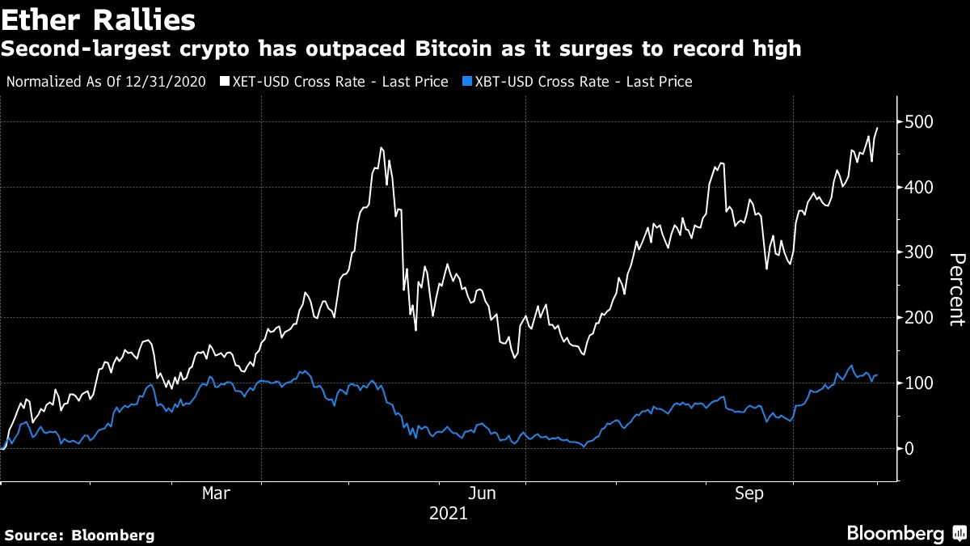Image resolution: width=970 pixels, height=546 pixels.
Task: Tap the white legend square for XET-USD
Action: (226, 82)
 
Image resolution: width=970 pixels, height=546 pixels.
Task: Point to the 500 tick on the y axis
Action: (919, 122)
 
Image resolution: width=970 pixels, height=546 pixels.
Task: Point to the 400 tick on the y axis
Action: (919, 187)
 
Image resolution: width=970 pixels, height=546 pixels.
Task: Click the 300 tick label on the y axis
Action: (919, 252)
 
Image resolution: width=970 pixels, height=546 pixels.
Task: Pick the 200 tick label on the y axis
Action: (919, 318)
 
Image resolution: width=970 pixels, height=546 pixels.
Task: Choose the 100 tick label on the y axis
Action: (919, 383)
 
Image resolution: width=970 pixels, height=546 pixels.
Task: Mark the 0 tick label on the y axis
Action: (909, 448)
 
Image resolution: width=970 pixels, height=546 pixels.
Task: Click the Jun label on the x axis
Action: (482, 493)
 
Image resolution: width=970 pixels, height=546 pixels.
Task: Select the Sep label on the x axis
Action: (749, 493)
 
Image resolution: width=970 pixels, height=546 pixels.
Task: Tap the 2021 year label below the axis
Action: (449, 514)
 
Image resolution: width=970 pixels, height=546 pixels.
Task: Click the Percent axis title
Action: (955, 289)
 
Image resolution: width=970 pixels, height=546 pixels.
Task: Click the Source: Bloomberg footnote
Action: (79, 535)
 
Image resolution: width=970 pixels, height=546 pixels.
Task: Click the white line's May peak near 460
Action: (381, 148)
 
